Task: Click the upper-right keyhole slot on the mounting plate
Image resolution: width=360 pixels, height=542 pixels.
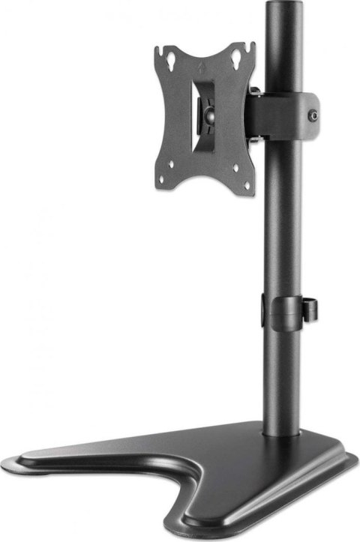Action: (238, 56)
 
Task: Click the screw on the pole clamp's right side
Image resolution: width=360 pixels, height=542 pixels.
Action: (313, 115)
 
